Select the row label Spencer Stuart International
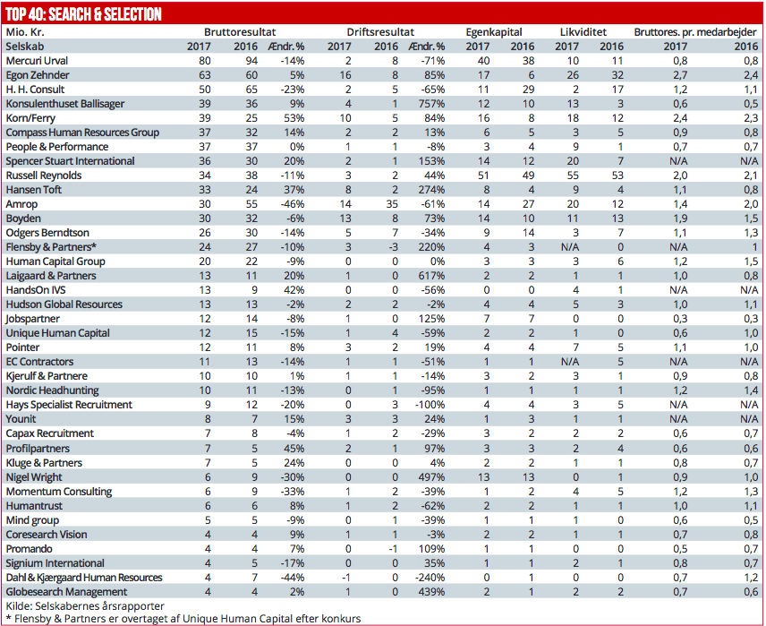point(71,161)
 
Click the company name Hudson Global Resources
point(64,304)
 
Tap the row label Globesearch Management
point(66,592)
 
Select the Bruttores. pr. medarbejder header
point(695,31)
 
